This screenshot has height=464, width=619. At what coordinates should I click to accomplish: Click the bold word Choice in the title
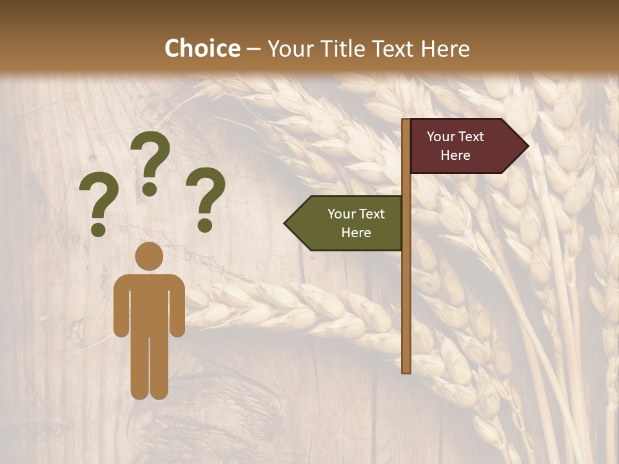[202, 48]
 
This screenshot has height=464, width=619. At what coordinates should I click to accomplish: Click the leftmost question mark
[99, 206]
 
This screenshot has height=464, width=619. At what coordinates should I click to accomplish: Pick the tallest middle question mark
[150, 161]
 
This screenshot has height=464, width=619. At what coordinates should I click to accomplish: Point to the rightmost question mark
[206, 198]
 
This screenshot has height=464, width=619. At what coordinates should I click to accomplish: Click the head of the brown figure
[149, 256]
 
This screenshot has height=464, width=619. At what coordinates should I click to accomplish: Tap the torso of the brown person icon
[149, 303]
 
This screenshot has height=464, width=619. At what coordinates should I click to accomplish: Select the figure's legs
[149, 367]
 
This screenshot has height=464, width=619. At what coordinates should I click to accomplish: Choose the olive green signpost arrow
[348, 223]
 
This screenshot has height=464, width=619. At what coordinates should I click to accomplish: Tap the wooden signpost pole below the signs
[406, 309]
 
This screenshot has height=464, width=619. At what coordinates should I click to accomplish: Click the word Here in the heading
[445, 48]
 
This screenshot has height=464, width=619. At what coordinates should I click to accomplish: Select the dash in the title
[253, 49]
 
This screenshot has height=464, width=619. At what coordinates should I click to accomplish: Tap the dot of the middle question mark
[150, 189]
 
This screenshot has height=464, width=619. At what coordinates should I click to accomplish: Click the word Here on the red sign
[455, 155]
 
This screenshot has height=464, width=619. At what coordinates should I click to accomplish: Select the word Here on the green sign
[356, 233]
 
